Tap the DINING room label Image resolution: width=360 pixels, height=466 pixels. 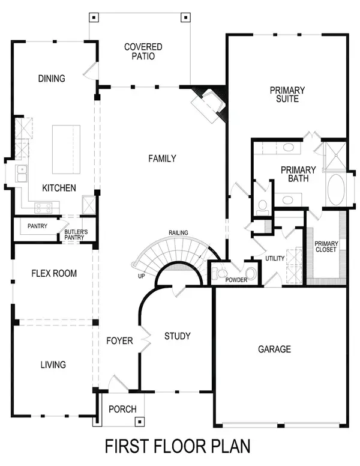51,79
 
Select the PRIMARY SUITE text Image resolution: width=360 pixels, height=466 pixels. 287,94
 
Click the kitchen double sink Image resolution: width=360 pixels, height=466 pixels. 21,174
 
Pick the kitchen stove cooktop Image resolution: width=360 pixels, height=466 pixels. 44,208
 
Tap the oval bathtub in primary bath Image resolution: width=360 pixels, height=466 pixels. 335,190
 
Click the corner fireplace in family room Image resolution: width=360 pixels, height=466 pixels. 208,104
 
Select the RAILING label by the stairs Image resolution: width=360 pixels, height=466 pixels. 178,232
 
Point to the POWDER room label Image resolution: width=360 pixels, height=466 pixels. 236,280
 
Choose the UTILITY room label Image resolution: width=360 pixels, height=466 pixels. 275,258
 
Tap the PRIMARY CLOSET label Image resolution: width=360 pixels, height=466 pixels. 326,247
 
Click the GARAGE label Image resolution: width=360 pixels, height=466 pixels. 274,349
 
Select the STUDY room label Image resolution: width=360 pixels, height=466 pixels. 177,336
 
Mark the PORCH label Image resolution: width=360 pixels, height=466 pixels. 122,409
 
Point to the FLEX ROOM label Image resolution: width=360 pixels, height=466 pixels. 54,273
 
